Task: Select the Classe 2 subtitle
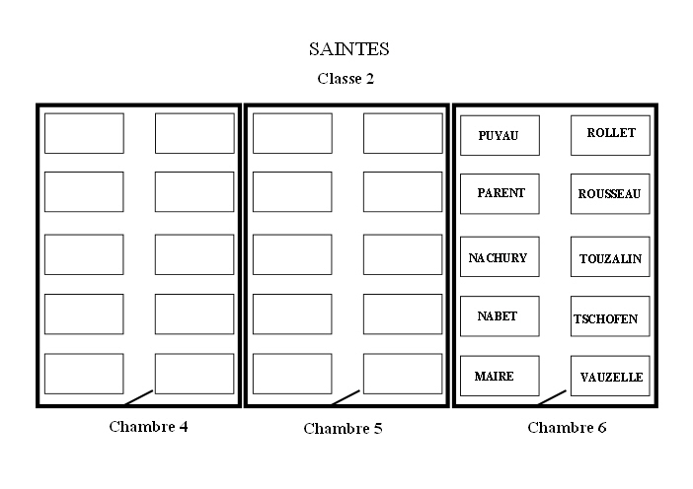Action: [x=346, y=78]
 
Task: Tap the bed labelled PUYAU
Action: [x=500, y=135]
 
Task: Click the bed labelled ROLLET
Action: [x=610, y=134]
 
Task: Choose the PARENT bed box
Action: [x=500, y=193]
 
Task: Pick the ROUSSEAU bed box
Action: [x=610, y=194]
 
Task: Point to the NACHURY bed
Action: [x=500, y=257]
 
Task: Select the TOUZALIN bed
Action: [x=610, y=257]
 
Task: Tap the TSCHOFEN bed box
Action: [x=610, y=316]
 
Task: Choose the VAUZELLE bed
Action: [x=610, y=376]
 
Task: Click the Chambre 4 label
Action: [x=148, y=427]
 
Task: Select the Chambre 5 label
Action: [x=343, y=428]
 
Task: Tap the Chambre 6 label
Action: [x=567, y=427]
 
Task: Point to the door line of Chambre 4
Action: [x=139, y=397]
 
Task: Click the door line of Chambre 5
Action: [x=346, y=397]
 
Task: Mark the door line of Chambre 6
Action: [x=553, y=397]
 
